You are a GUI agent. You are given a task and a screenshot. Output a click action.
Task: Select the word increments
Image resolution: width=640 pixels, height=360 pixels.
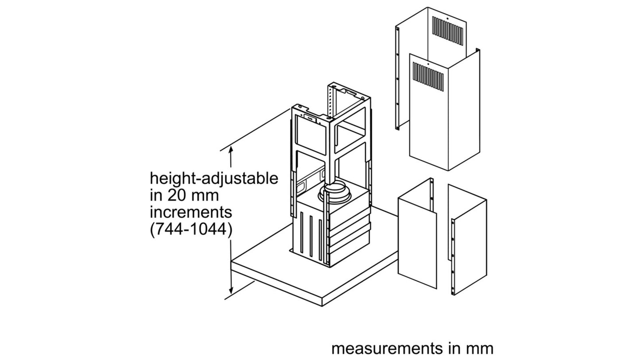click(x=191, y=213)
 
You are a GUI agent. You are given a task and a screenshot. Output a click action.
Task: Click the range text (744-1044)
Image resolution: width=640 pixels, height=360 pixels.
click(x=191, y=229)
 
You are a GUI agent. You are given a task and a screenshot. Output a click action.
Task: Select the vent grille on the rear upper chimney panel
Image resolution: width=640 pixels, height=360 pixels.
click(x=448, y=31)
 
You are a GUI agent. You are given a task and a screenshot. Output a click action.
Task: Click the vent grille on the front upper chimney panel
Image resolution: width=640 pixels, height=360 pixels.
click(x=428, y=77)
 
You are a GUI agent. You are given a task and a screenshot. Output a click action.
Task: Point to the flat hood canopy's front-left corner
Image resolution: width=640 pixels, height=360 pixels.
click(x=231, y=261)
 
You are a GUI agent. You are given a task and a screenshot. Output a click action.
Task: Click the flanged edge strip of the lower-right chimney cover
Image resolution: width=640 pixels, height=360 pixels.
click(x=453, y=256)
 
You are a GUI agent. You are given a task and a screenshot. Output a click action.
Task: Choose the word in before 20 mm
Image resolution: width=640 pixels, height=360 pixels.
click(x=156, y=195)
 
